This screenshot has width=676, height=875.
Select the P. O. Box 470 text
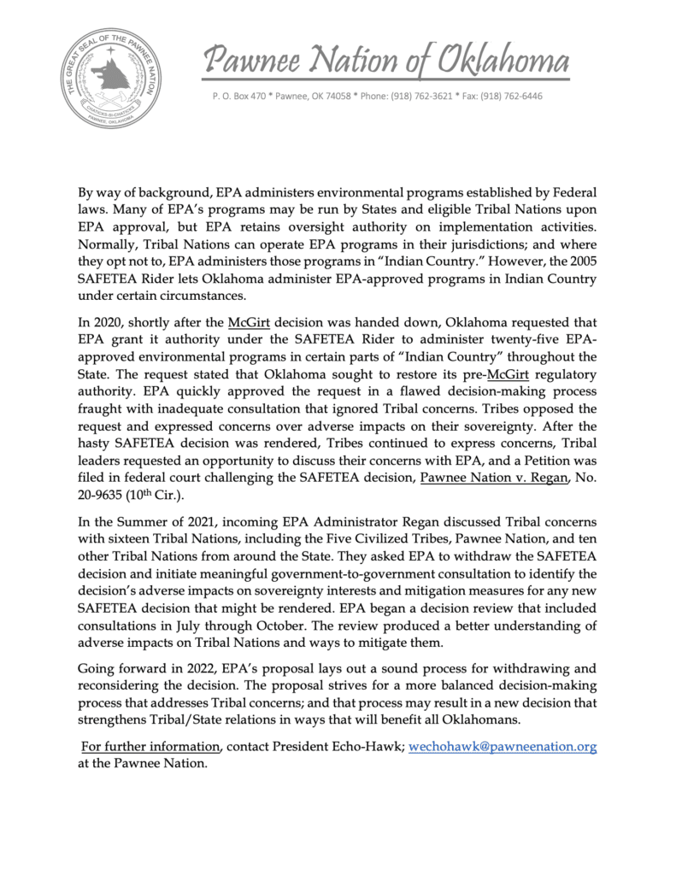click(x=243, y=96)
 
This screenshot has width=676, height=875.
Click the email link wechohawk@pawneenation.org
click(x=503, y=747)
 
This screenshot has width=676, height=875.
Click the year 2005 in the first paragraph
click(x=579, y=262)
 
